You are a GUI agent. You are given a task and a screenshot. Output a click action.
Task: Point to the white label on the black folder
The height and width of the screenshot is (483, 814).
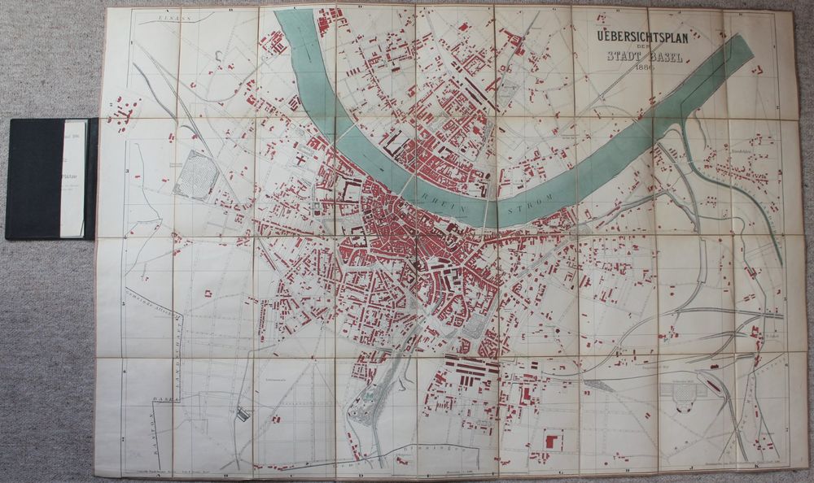pyautogui.click(x=76, y=178)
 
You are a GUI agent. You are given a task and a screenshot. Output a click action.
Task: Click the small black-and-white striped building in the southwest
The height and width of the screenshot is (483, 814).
pyautogui.click(x=243, y=415)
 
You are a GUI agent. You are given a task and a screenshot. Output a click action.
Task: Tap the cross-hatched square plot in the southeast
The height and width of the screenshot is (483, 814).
pyautogui.click(x=681, y=394)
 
